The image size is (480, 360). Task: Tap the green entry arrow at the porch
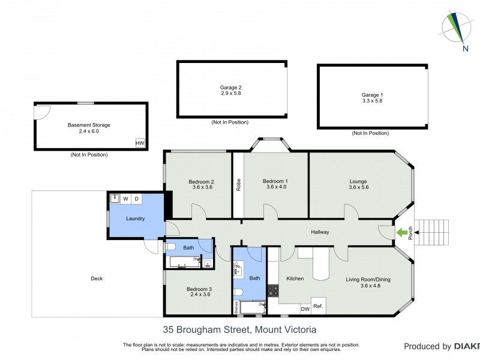tap(400, 232)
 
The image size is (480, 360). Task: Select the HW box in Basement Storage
tap(140, 143)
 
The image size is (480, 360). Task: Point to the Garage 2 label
tap(230, 91)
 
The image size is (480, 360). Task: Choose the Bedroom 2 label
tap(202, 185)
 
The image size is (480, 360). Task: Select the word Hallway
tap(320, 232)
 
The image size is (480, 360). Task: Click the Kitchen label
tap(295, 278)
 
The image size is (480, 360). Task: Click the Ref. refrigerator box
tap(318, 307)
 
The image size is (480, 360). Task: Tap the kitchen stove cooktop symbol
tap(273, 290)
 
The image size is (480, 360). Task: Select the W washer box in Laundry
tap(126, 199)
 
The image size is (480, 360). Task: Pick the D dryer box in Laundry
tap(137, 199)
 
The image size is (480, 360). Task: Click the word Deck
tap(97, 278)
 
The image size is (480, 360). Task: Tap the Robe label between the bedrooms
tap(238, 185)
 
